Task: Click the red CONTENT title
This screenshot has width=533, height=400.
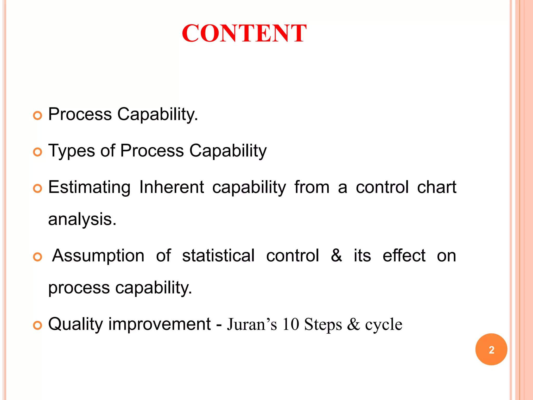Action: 244,33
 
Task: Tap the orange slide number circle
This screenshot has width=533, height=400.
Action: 491,349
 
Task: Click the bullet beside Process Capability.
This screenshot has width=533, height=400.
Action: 38,116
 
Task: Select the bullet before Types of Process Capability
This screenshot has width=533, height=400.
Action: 38,152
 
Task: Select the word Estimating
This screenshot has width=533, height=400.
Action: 89,187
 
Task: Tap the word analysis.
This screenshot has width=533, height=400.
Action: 82,219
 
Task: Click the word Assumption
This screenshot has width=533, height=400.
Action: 98,256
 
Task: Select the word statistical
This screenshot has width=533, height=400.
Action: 218,256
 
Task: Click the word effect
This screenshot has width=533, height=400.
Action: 404,256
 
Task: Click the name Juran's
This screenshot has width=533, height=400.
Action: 252,324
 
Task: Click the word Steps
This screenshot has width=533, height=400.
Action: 323,324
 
